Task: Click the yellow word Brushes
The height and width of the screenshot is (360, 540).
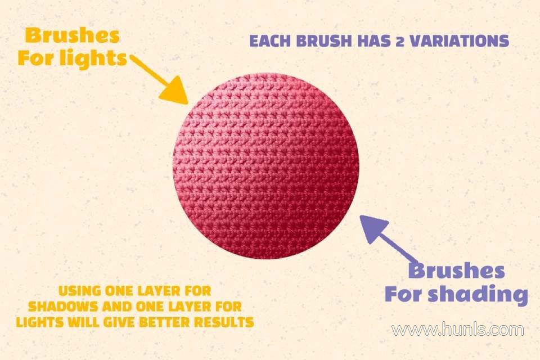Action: [x=73, y=35]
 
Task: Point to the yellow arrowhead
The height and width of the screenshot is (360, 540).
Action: [x=175, y=90]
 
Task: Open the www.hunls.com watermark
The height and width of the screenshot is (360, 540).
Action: [x=458, y=330]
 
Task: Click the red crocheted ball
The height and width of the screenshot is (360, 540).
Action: [x=266, y=166]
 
